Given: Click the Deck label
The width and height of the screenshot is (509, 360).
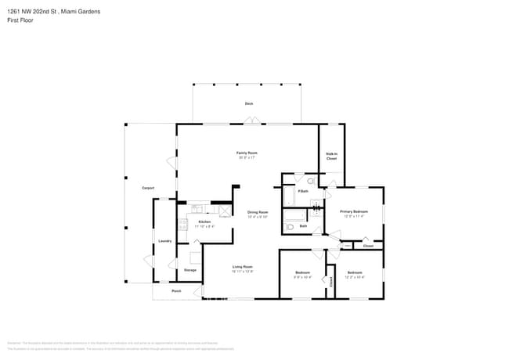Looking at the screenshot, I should pyautogui.click(x=248, y=103).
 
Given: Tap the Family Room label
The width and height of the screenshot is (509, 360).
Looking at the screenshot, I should pyautogui.click(x=247, y=153).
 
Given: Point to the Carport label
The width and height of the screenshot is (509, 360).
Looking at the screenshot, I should pyautogui.click(x=147, y=188).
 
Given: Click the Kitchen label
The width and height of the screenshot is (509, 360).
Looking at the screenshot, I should pyautogui.click(x=204, y=221).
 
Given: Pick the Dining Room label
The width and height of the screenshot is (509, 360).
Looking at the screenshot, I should pyautogui.click(x=258, y=212).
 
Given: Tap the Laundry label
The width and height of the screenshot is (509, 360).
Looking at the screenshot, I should pyautogui.click(x=164, y=240).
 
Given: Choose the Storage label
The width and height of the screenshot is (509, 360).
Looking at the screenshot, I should pyautogui.click(x=190, y=270).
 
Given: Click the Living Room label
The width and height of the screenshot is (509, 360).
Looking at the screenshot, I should pyautogui.click(x=242, y=267).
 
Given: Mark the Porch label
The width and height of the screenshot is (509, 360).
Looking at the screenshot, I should pyautogui.click(x=177, y=290).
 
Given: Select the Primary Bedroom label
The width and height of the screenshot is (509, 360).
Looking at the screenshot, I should pyautogui.click(x=354, y=211).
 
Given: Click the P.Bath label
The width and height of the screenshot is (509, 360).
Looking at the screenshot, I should pyautogui.click(x=303, y=191).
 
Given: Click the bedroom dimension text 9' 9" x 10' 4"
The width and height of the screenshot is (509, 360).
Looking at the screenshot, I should pyautogui.click(x=302, y=277).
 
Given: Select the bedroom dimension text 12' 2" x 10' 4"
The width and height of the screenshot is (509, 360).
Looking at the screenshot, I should pyautogui.click(x=355, y=277).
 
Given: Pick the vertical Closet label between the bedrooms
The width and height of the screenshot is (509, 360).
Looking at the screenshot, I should pyautogui.click(x=330, y=282).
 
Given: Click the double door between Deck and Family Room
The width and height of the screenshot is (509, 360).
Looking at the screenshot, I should pyautogui.click(x=249, y=121).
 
